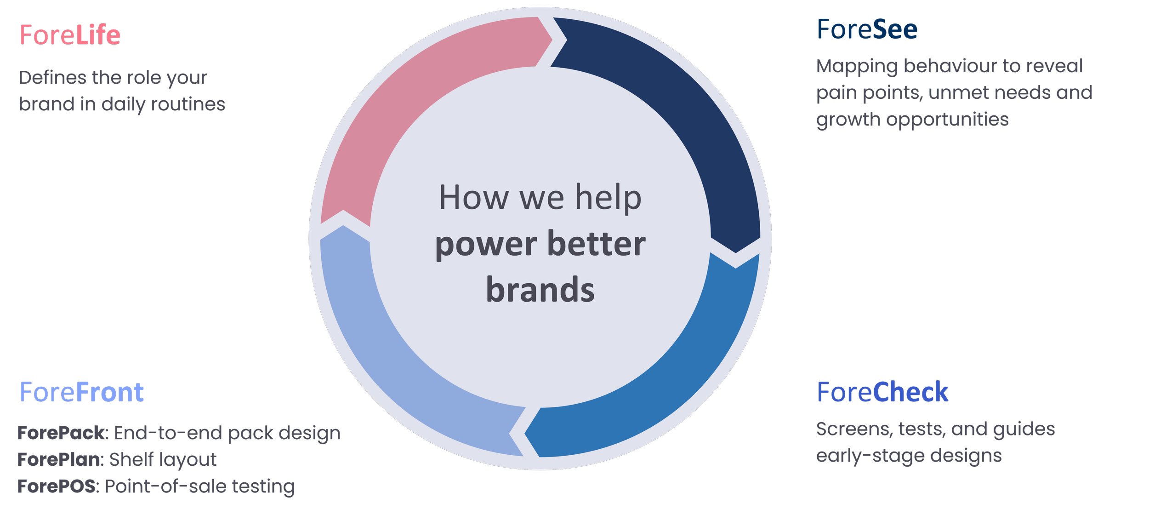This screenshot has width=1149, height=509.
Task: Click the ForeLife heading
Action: tap(70, 35)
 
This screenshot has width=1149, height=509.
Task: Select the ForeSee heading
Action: tap(867, 30)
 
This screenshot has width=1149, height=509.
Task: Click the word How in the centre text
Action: tap(473, 198)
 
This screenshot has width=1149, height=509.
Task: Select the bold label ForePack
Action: tap(62, 433)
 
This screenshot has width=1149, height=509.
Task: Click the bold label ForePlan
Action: tap(60, 459)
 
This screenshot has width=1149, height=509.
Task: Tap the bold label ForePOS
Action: tap(57, 486)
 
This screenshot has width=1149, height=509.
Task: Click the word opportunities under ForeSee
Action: tap(947, 120)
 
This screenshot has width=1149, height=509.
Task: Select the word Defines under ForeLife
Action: tap(52, 78)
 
